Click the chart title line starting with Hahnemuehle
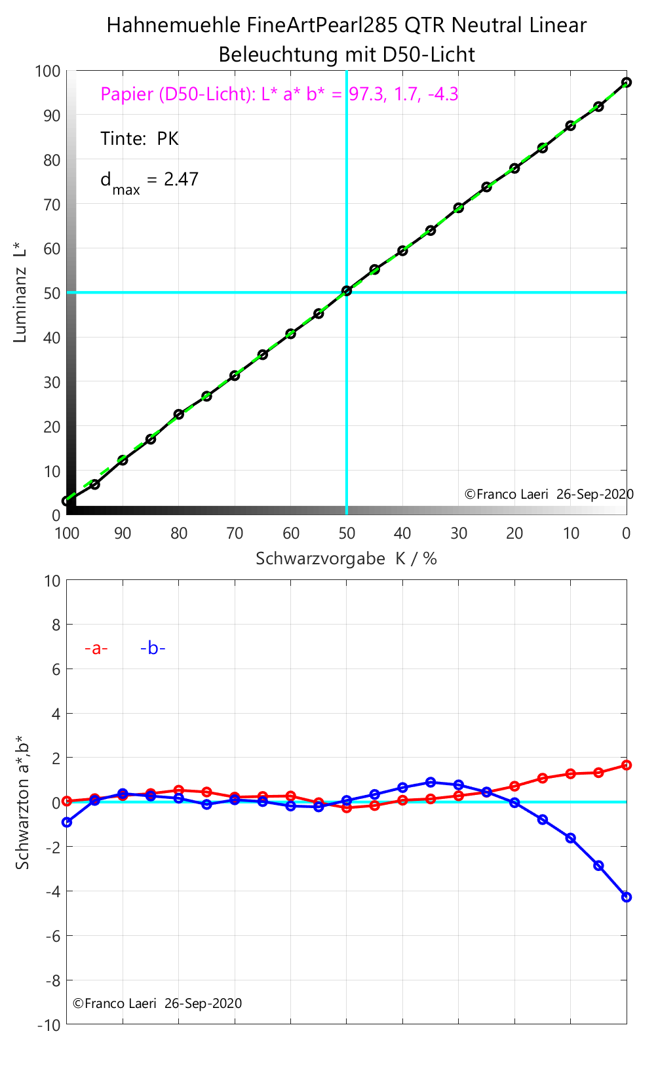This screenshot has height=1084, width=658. click(346, 26)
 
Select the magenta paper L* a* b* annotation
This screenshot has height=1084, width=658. click(279, 94)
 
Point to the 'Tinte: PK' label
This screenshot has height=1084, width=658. click(139, 139)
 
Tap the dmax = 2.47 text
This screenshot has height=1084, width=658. click(149, 180)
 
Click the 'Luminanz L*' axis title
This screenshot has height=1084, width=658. click(20, 292)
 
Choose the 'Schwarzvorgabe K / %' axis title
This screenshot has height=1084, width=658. click(346, 558)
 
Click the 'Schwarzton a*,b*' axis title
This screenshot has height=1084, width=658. click(23, 802)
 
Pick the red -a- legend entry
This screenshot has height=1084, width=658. click(96, 649)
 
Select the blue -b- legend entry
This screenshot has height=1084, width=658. click(153, 649)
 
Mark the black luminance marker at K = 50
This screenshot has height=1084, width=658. click(347, 290)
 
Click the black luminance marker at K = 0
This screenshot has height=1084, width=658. click(627, 83)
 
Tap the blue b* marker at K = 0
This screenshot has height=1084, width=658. click(627, 897)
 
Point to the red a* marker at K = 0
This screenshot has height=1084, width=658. click(627, 765)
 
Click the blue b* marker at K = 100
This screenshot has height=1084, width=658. click(67, 822)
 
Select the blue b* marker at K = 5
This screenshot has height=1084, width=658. click(598, 865)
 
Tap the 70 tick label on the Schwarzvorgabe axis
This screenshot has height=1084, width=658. click(235, 533)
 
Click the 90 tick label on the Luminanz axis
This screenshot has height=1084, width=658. click(52, 115)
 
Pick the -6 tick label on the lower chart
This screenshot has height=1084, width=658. click(52, 936)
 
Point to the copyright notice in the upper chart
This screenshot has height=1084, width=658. click(549, 494)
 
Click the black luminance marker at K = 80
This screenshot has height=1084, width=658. click(179, 414)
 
